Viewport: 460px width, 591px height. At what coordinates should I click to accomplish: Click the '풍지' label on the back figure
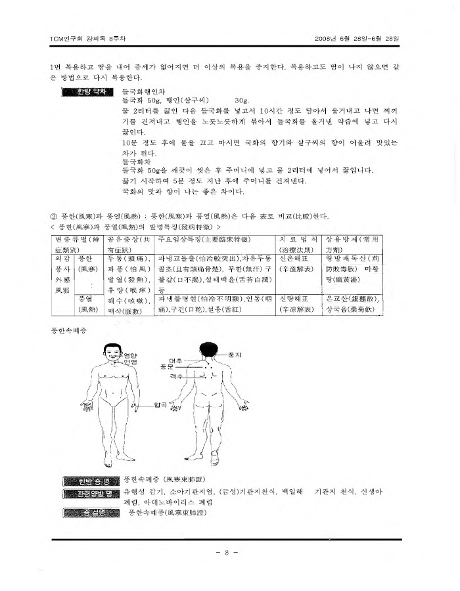234,354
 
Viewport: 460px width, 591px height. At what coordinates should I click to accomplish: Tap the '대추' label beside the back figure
175,361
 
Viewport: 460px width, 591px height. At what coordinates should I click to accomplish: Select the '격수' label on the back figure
175,376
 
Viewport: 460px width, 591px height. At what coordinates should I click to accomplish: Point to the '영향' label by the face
131,356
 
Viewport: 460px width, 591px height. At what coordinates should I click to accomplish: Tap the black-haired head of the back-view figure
208,350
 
